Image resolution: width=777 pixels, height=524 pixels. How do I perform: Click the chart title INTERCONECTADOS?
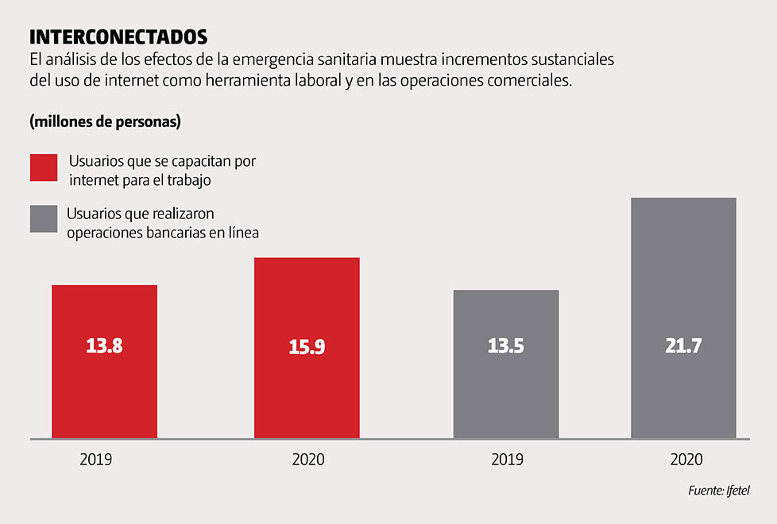pyautogui.click(x=118, y=37)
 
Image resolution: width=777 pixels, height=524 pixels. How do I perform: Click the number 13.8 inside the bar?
pyautogui.click(x=104, y=346)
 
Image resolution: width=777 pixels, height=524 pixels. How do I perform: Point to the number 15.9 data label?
pyautogui.click(x=307, y=347)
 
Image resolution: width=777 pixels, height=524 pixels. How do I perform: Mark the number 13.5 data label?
pyautogui.click(x=506, y=346)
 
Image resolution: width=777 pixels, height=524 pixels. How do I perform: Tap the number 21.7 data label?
pyautogui.click(x=683, y=346)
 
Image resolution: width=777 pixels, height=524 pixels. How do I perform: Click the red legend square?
pyautogui.click(x=44, y=168)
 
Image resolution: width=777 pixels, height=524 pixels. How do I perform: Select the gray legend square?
pyautogui.click(x=44, y=219)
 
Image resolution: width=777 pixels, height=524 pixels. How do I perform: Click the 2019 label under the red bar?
pyautogui.click(x=95, y=460)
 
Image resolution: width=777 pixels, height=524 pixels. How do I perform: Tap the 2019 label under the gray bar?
pyautogui.click(x=507, y=460)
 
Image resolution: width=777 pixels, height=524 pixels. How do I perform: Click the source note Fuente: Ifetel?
pyautogui.click(x=719, y=491)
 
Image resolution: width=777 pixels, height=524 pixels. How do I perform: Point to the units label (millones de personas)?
pyautogui.click(x=105, y=122)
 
